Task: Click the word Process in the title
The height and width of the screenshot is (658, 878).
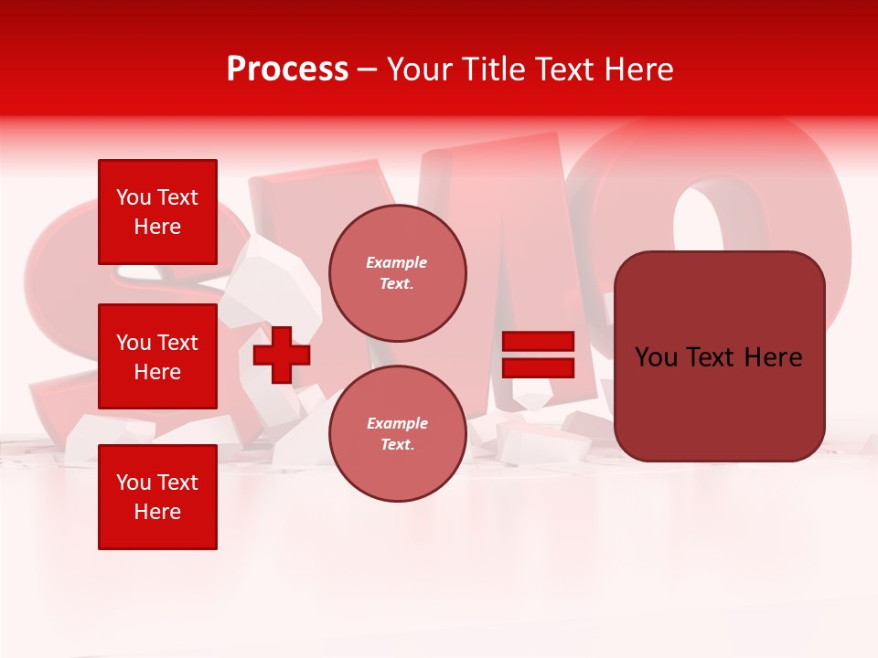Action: pos(287,69)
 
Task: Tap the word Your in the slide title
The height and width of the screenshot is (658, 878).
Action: pos(417,69)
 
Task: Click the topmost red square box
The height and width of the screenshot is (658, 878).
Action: pos(157,212)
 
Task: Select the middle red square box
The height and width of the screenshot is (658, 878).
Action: pos(157,356)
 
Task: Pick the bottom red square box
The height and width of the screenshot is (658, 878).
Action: pos(157,497)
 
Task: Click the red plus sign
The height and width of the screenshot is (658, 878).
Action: pos(281,356)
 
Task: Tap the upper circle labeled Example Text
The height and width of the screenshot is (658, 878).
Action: pos(397,272)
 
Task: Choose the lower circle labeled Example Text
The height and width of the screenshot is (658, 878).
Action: pos(397,433)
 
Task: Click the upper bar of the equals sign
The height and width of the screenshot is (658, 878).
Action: pos(538,342)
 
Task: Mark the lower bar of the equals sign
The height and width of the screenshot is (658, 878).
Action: pos(538,368)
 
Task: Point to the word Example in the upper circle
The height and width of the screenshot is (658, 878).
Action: pos(396,262)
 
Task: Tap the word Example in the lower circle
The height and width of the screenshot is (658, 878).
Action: pos(397,423)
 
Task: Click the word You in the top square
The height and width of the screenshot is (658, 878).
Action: pos(134,197)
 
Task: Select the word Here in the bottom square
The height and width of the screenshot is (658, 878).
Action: pos(157,512)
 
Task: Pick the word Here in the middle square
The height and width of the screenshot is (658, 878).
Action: pos(157,372)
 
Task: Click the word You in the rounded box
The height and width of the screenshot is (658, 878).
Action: pos(655,357)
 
